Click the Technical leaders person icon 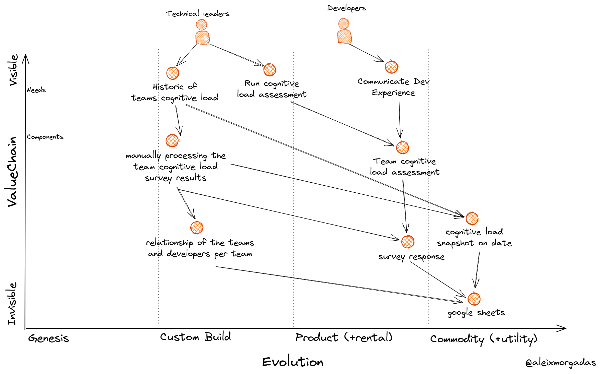pyautogui.click(x=202, y=32)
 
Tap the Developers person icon pyautogui.click(x=344, y=31)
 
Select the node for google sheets pyautogui.click(x=474, y=299)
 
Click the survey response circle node pyautogui.click(x=408, y=242)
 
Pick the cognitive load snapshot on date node pyautogui.click(x=472, y=219)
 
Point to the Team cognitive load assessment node pyautogui.click(x=402, y=147)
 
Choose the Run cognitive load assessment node pyautogui.click(x=270, y=70)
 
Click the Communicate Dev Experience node pyautogui.click(x=391, y=67)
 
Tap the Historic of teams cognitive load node pyautogui.click(x=173, y=73)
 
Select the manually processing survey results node pyautogui.click(x=172, y=140)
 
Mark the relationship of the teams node pyautogui.click(x=197, y=228)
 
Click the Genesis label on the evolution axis pyautogui.click(x=48, y=338)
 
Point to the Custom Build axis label pyautogui.click(x=195, y=337)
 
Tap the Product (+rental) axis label pyautogui.click(x=344, y=337)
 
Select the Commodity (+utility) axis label pyautogui.click(x=484, y=339)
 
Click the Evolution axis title pyautogui.click(x=293, y=362)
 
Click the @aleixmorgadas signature pyautogui.click(x=561, y=363)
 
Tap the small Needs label pyautogui.click(x=36, y=90)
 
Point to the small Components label pyautogui.click(x=45, y=137)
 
